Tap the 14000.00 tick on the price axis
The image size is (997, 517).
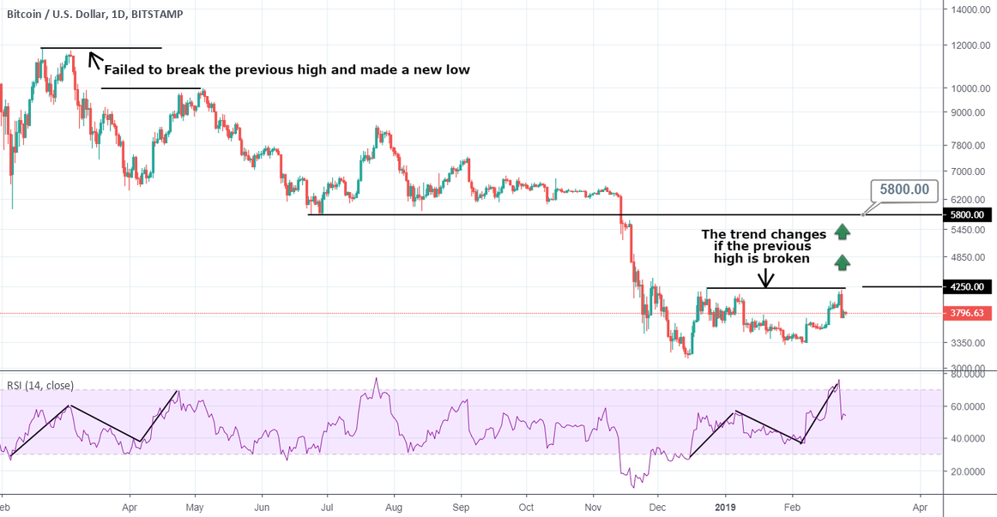click(x=966, y=9)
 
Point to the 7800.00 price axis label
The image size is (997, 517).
click(x=966, y=146)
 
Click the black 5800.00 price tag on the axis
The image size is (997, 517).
click(x=966, y=215)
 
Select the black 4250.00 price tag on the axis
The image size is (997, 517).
click(x=966, y=287)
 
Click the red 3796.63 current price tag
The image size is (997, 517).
click(x=966, y=314)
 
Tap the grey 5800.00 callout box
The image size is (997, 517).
click(x=903, y=191)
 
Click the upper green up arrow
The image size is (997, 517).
click(x=843, y=230)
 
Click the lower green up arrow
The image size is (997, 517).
click(x=843, y=262)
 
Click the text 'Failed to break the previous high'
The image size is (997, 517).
click(x=215, y=69)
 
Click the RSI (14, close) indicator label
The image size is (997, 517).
click(x=40, y=385)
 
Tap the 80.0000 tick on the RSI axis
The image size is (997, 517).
click(x=966, y=374)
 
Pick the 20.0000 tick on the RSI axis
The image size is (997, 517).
click(x=966, y=472)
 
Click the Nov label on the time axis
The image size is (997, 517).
click(x=593, y=507)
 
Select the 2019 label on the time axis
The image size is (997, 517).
click(x=726, y=507)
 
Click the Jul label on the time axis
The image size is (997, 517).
click(x=327, y=507)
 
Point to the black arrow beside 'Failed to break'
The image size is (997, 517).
click(x=94, y=60)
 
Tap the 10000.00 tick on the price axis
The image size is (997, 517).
click(x=966, y=88)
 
